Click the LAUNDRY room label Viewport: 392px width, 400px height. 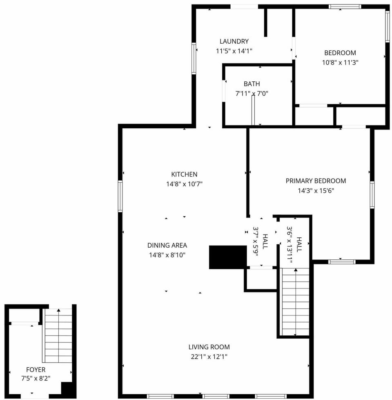pyautogui.click(x=234, y=41)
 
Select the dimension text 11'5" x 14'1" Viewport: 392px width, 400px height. pyautogui.click(x=234, y=51)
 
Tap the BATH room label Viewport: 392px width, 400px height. pyautogui.click(x=252, y=84)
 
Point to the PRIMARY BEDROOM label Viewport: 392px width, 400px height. pyautogui.click(x=316, y=181)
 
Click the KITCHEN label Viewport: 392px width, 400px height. pyautogui.click(x=184, y=174)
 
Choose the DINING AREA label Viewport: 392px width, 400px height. pyautogui.click(x=167, y=245)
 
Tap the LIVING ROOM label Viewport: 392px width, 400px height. pyautogui.click(x=209, y=347)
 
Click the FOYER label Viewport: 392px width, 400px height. pyautogui.click(x=36, y=370)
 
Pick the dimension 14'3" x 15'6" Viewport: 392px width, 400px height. pyautogui.click(x=316, y=190)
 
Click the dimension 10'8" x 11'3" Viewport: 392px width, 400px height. pyautogui.click(x=340, y=63)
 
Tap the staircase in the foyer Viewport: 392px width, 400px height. pyautogui.click(x=59, y=335)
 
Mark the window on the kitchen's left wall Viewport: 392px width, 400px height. pyautogui.click(x=120, y=196)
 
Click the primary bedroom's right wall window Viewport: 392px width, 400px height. pyautogui.click(x=372, y=195)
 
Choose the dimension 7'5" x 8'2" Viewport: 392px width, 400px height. pyautogui.click(x=36, y=379)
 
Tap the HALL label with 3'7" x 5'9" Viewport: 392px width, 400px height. pyautogui.click(x=265, y=241)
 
